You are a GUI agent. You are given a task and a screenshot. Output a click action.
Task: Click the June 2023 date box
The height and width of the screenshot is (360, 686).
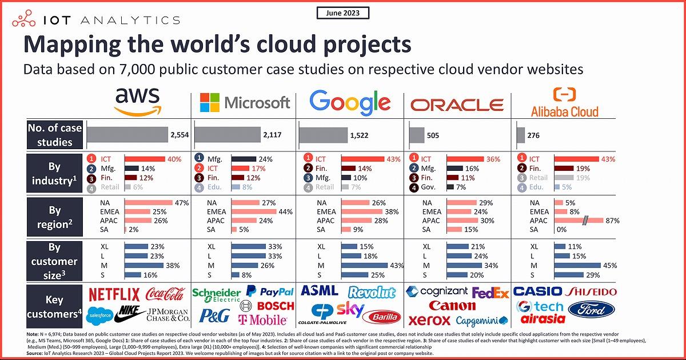tap(342, 13)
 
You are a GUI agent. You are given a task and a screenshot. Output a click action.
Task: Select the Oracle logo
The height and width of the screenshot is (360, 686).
tap(457, 105)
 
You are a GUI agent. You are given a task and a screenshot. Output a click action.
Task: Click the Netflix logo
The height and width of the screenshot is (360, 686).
tap(114, 295)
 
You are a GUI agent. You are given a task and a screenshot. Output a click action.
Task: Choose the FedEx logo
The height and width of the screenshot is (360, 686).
tap(490, 293)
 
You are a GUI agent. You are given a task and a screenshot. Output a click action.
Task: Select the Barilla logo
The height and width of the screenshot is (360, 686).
tap(384, 317)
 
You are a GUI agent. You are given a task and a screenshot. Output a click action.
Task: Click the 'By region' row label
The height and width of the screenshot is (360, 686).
tap(54, 216)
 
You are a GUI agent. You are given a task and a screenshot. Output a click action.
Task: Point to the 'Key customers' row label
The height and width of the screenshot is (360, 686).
tap(54, 307)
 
